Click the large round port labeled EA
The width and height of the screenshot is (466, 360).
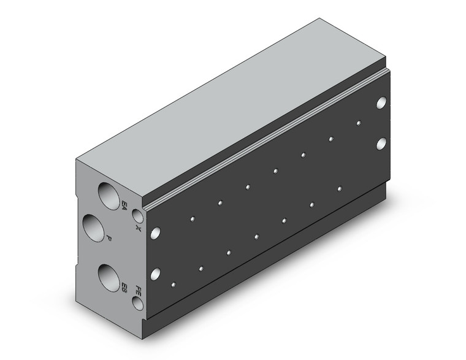(x=109, y=195)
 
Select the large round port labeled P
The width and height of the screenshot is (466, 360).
(x=95, y=229)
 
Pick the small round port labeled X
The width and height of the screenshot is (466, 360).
(x=139, y=216)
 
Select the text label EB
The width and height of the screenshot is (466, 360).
(x=124, y=286)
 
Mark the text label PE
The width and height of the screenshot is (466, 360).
(x=139, y=289)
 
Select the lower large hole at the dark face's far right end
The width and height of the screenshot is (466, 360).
(x=382, y=144)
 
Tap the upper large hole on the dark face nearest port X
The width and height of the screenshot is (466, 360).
(x=156, y=232)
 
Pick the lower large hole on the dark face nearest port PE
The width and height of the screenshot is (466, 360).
(x=156, y=274)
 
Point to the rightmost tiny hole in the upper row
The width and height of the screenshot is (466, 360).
(x=358, y=123)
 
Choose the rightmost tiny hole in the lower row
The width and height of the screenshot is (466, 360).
(x=339, y=189)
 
